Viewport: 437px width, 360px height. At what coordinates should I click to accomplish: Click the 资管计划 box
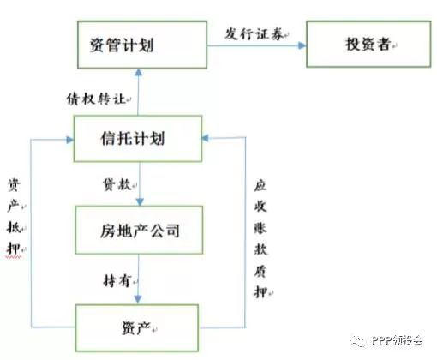pos(142,45)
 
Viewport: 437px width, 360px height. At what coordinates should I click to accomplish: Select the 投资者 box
pos(368,44)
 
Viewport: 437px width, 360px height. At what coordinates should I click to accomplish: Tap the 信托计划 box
pos(138,139)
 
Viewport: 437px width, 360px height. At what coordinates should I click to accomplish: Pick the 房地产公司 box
pos(139,230)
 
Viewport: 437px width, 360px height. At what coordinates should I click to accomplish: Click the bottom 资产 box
pos(137,327)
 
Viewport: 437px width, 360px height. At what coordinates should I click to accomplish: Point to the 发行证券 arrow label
pos(254,34)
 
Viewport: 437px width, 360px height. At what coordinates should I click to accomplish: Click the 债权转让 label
pos(96,99)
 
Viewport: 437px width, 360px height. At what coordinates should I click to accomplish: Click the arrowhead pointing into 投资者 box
pos(302,45)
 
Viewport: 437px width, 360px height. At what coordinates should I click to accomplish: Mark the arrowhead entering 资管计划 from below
pos(139,73)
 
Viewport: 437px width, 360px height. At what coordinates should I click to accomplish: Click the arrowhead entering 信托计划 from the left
pos(69,140)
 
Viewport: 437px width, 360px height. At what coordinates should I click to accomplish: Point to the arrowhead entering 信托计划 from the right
pos(206,138)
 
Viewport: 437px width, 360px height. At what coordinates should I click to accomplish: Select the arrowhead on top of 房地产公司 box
pos(140,202)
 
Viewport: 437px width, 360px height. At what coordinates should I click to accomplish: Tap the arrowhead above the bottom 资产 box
pos(138,299)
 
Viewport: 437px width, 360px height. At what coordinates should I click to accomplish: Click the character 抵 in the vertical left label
pos(14,228)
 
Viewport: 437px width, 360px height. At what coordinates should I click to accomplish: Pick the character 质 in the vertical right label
pos(260,271)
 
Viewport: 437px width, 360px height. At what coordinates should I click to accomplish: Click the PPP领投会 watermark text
pos(398,340)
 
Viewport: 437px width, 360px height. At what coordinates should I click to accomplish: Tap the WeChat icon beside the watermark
pos(359,340)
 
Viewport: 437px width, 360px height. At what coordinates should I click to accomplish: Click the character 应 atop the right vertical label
pos(260,186)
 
